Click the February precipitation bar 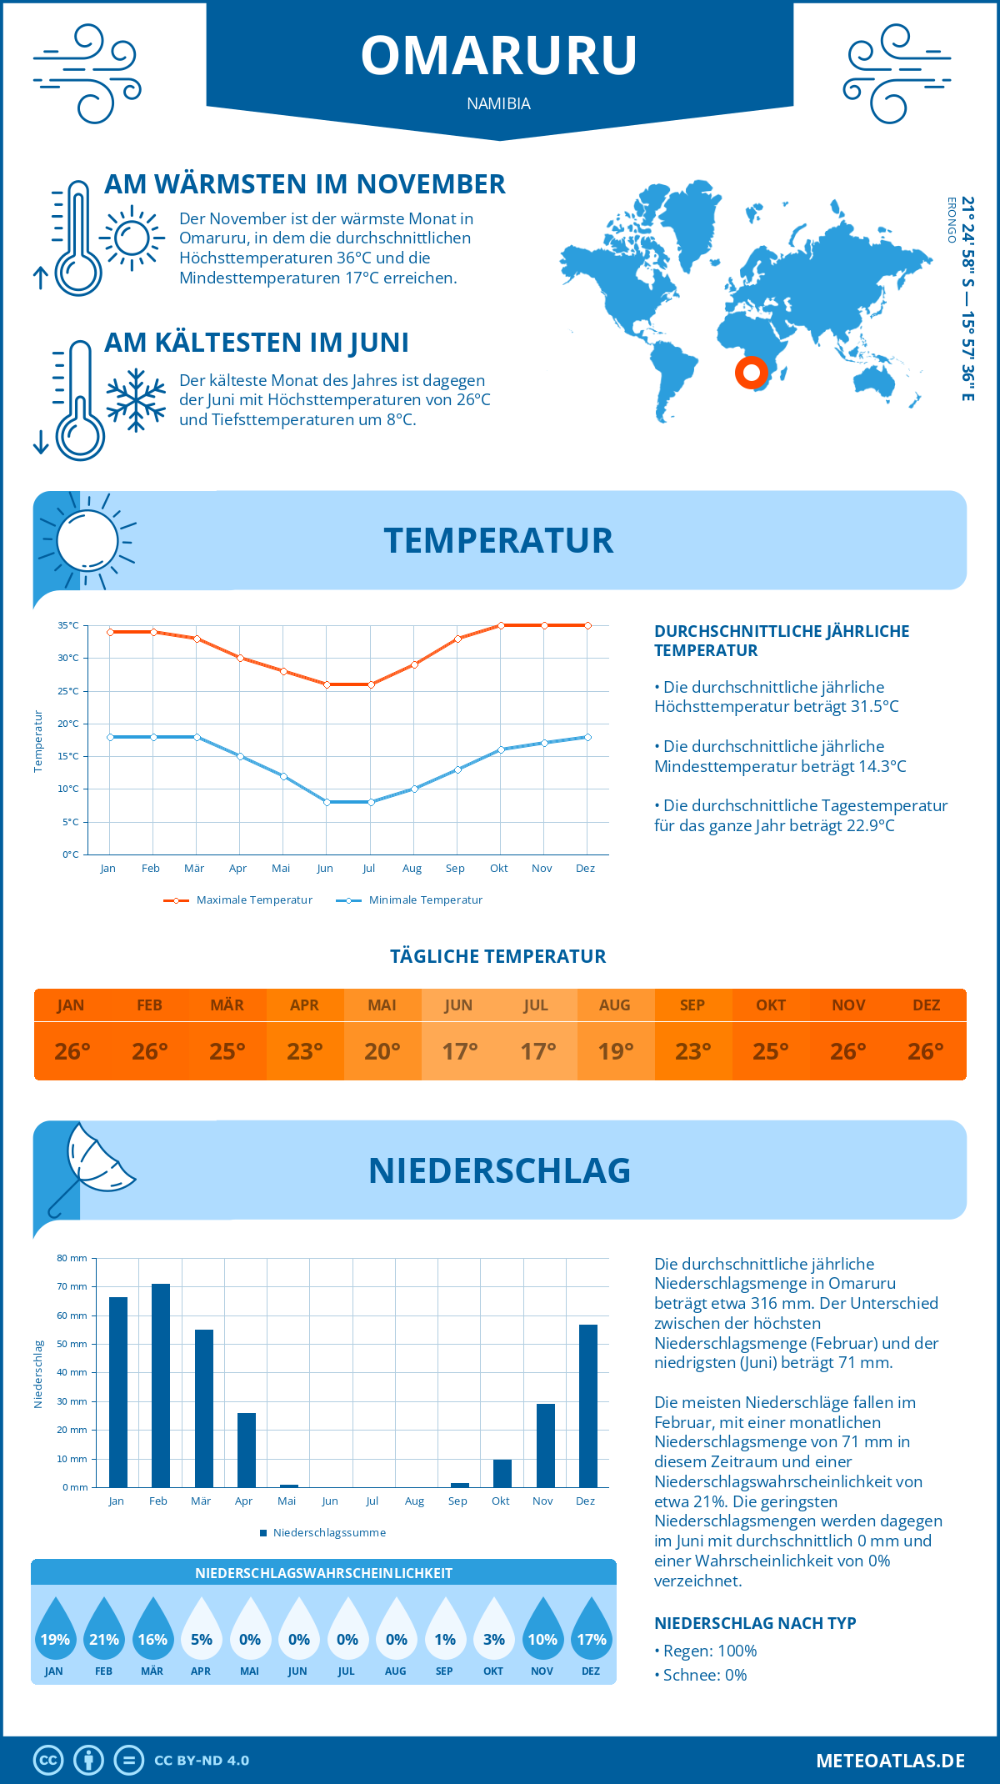click(160, 1386)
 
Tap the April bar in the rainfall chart click(247, 1450)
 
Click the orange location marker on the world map click(751, 372)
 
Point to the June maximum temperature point click(327, 684)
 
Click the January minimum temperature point click(110, 737)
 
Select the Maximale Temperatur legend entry click(238, 900)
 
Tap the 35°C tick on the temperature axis click(68, 625)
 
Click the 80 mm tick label click(72, 1258)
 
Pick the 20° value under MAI click(382, 1051)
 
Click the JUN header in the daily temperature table click(459, 1005)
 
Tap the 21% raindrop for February click(104, 1629)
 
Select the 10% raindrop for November click(542, 1629)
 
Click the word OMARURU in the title click(499, 56)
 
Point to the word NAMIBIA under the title click(499, 103)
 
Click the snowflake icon click(136, 400)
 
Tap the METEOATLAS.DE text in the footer click(890, 1761)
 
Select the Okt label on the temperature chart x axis click(498, 869)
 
